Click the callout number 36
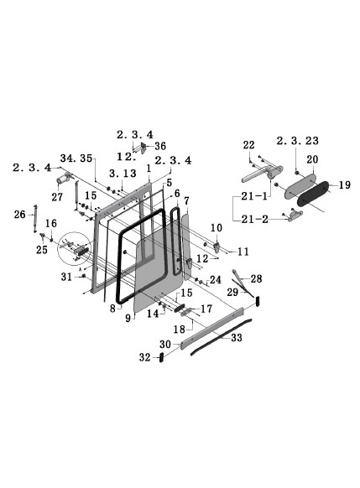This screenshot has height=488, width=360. [160, 146]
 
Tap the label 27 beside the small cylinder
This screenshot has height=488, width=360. [57, 196]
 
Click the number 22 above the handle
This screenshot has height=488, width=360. [248, 146]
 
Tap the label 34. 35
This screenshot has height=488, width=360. [76, 157]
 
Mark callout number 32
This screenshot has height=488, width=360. [143, 357]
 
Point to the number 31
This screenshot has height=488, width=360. [66, 278]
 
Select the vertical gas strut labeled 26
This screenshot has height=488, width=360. [35, 220]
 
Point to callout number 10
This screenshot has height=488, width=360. [214, 227]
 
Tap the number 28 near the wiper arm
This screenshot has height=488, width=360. [257, 278]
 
